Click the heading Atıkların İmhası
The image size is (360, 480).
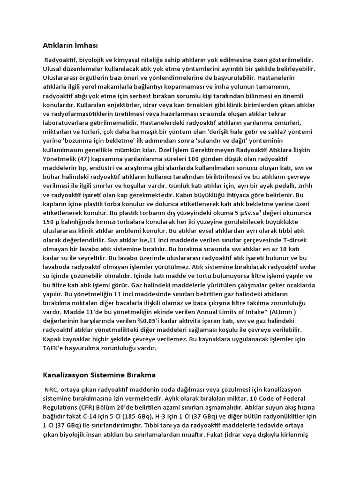coord(70,45)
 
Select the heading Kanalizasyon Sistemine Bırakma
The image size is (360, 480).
coord(99,375)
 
